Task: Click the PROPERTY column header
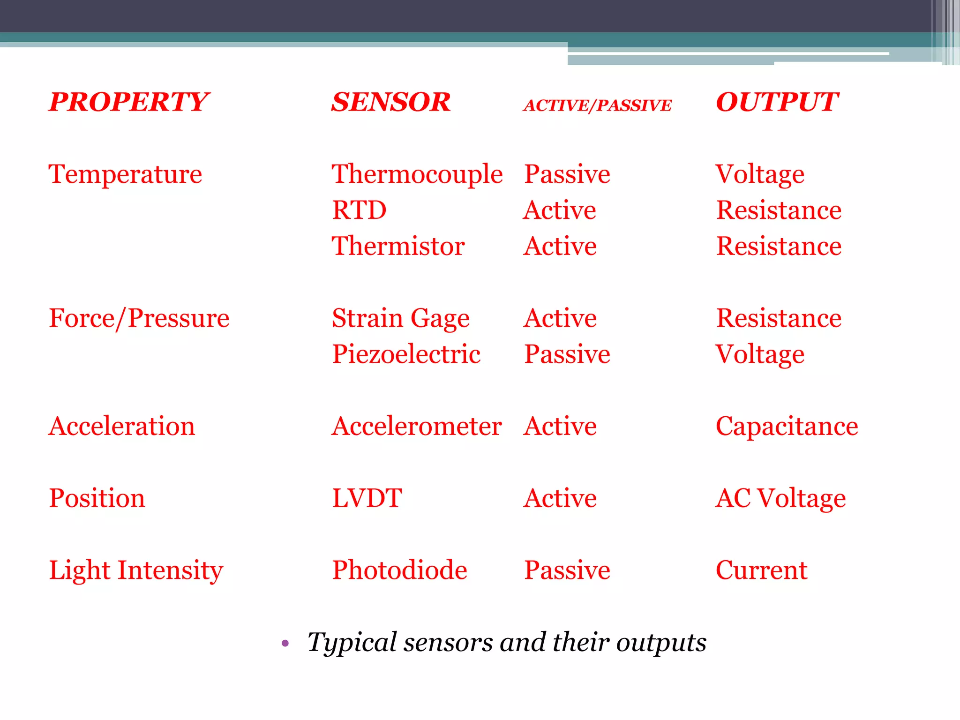pos(129,102)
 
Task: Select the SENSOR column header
pos(390,102)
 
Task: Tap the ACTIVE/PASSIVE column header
pos(597,105)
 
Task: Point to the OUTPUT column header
pos(777,102)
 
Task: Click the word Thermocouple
pos(417,175)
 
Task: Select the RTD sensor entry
pos(359,210)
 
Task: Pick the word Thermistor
pos(398,246)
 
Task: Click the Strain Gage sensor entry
pos(400,319)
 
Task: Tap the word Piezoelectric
pos(406,354)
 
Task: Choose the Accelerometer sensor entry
pos(416,427)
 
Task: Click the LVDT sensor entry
pos(367,498)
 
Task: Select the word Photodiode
pos(399,570)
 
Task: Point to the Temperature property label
pos(125,175)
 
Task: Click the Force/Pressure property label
pos(139,319)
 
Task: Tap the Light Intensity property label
pos(136,570)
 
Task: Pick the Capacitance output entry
pos(787,427)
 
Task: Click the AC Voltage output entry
pos(780,498)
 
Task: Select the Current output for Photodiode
pos(761,570)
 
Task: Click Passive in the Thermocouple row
pos(567,175)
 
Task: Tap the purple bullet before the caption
pos(285,643)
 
